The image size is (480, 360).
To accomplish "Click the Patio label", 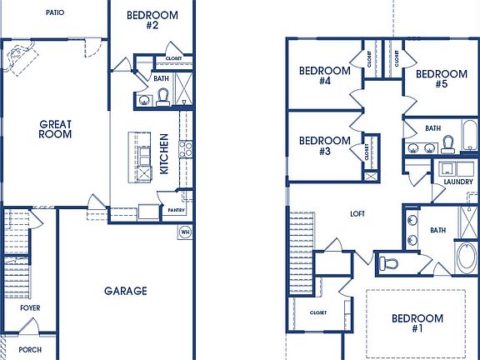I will [55, 13].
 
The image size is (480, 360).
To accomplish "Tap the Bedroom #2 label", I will [152, 20].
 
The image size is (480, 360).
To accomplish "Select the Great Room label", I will [55, 129].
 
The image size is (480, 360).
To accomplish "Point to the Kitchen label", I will [164, 154].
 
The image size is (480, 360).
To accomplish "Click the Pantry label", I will [176, 210].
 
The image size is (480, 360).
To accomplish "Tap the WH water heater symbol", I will [184, 232].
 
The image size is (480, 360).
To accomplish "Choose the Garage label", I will [126, 291].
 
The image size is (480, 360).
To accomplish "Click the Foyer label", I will [30, 308].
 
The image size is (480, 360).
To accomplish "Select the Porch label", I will [30, 349].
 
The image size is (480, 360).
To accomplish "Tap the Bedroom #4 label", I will [325, 76].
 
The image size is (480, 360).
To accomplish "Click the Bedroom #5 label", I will [441, 78].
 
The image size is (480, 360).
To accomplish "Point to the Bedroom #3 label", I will [324, 146].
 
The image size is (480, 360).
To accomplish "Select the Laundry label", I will [458, 181].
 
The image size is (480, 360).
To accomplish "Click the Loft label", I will [357, 214].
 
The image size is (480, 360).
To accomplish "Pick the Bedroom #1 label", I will [417, 323].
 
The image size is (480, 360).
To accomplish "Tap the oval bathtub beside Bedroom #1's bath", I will [466, 256].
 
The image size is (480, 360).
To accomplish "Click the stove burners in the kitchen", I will [185, 149].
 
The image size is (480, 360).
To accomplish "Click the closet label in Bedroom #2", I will [173, 59].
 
